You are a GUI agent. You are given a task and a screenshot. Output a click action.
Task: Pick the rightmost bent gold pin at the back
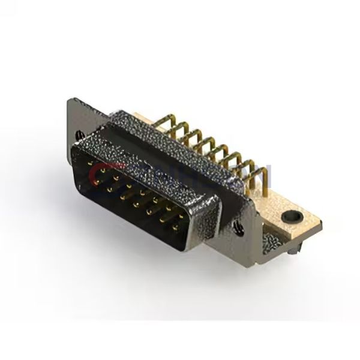point(260,175)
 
